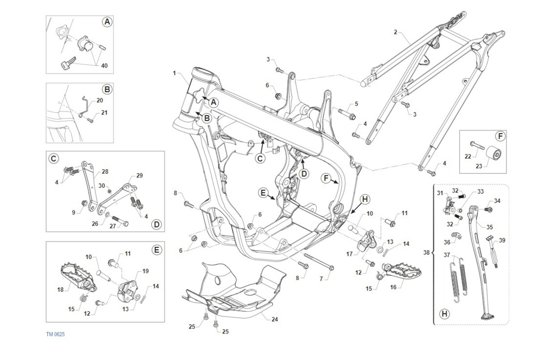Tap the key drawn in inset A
click(x=64, y=65)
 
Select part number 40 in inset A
click(x=104, y=66)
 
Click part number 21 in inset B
click(x=104, y=112)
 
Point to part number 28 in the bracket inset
click(x=105, y=171)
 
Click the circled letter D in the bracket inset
click(x=156, y=224)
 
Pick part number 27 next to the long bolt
click(x=113, y=226)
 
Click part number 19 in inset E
click(x=145, y=271)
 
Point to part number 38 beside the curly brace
click(x=426, y=253)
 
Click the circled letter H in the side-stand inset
click(x=444, y=313)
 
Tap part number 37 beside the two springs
click(x=446, y=255)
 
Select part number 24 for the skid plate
click(x=275, y=320)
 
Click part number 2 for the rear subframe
click(x=396, y=32)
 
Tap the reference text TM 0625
click(x=55, y=334)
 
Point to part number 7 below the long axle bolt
click(x=321, y=278)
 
